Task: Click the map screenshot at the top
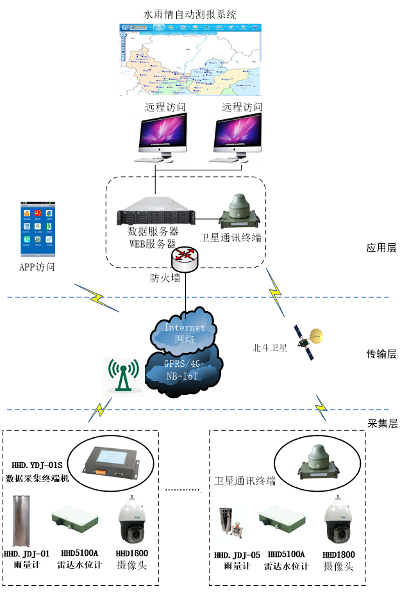tap(190, 60)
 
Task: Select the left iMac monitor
tap(160, 138)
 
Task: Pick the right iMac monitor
tap(235, 138)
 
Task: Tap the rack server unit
tap(158, 210)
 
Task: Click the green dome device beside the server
tap(238, 211)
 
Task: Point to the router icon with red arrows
tap(185, 259)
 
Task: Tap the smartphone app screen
tap(38, 230)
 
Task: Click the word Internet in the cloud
tap(185, 327)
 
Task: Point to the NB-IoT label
tap(183, 376)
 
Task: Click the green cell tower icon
tap(124, 376)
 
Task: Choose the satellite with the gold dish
tap(308, 342)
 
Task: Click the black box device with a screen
tap(110, 462)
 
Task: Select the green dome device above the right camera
tap(318, 462)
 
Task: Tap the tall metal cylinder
tap(21, 521)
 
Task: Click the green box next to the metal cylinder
tap(76, 519)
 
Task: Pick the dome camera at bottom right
tap(338, 519)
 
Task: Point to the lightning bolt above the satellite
tap(275, 292)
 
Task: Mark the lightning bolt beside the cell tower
tap(100, 410)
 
